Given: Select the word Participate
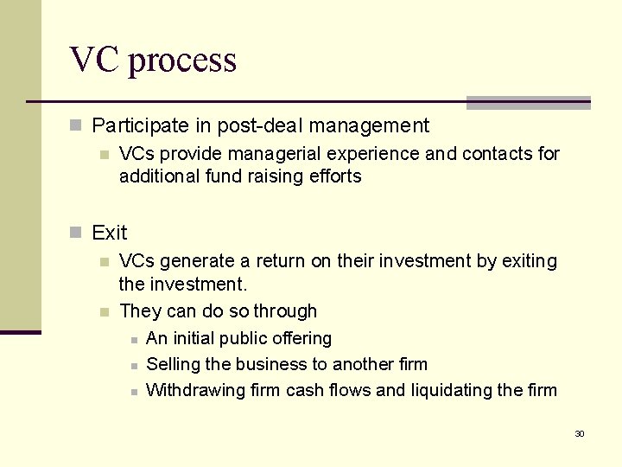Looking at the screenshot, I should point(140,126).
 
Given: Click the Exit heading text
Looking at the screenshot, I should point(109,233).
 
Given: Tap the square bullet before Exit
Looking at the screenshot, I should point(76,233).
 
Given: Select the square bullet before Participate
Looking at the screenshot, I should point(76,126).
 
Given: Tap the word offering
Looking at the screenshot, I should point(301,339).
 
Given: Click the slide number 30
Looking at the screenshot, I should point(580,434).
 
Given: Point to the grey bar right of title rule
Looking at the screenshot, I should point(528,103).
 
